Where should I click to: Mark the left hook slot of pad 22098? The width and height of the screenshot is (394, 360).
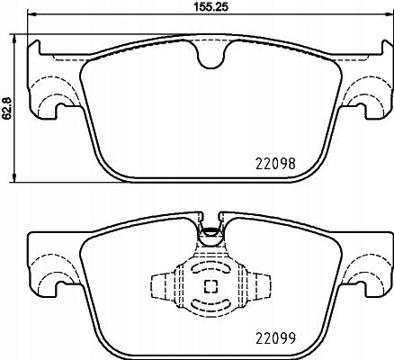pyautogui.click(x=58, y=112)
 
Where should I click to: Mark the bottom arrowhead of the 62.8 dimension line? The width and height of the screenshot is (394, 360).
pyautogui.click(x=20, y=175)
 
